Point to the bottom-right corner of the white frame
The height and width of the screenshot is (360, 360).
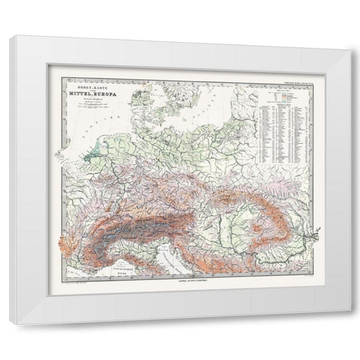349,324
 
